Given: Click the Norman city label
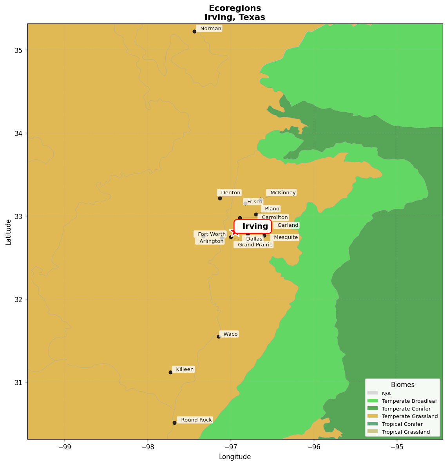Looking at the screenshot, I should [x=209, y=29].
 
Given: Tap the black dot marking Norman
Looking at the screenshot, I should [x=194, y=31].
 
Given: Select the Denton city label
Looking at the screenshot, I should [x=230, y=193].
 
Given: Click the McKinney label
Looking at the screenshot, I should [x=282, y=193].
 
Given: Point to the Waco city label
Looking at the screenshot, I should [x=229, y=334].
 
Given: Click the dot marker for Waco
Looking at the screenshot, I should [x=219, y=337].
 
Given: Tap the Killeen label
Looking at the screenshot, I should [x=183, y=369].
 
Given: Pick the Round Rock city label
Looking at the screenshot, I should [x=195, y=420].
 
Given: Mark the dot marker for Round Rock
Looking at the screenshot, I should [x=174, y=423].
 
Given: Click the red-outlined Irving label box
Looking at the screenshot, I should [x=253, y=226].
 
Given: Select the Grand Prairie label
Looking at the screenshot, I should [x=254, y=245].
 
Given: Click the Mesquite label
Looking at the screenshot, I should [x=285, y=237].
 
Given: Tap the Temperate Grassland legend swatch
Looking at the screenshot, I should [x=373, y=416].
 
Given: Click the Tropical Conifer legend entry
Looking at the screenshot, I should [x=402, y=424].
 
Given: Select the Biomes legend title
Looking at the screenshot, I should [x=402, y=385].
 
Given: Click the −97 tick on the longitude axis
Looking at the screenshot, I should [x=231, y=447].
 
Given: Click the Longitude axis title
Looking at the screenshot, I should [x=235, y=457].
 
